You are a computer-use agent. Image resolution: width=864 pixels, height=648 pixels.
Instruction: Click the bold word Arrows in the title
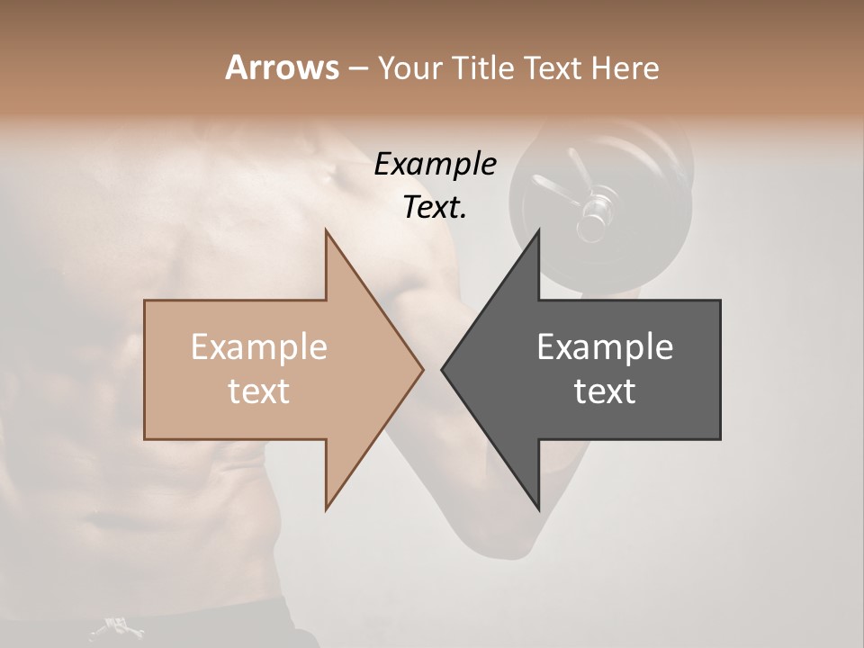point(282,67)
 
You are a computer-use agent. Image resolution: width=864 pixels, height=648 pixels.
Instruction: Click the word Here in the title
point(625,67)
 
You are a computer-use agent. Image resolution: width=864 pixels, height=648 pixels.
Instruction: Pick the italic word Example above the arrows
point(435,164)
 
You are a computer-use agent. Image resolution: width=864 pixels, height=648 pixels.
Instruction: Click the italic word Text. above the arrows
point(435,207)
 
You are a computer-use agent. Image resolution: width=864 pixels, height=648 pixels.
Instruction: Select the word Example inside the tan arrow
point(259,347)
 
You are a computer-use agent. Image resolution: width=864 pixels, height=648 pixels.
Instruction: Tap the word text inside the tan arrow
point(259,391)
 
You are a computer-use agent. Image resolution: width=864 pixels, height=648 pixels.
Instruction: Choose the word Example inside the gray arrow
point(605,347)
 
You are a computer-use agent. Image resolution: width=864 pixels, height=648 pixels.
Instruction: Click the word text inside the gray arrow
point(605,391)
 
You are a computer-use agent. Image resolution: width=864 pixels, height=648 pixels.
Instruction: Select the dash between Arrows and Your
point(357,69)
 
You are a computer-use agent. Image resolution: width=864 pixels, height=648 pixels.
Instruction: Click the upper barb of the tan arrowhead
point(328,236)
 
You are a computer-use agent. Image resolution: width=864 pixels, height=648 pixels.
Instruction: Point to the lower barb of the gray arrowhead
point(537,506)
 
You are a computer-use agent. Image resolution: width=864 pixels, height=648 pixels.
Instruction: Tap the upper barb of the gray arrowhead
point(537,236)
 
